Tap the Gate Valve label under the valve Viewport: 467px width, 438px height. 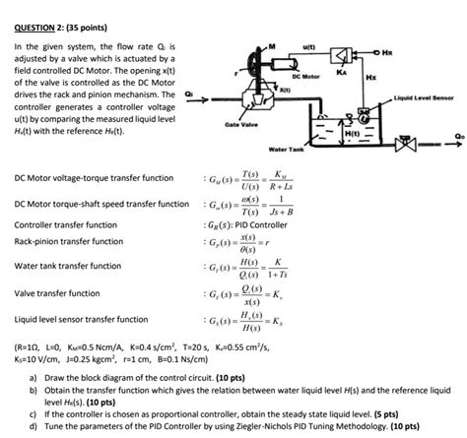coord(241,126)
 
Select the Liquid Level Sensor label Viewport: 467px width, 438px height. coord(422,98)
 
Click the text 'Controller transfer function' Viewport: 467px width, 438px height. coord(66,224)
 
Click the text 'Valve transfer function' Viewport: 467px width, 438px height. coord(57,293)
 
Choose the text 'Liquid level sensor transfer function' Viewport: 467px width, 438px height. coord(82,320)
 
